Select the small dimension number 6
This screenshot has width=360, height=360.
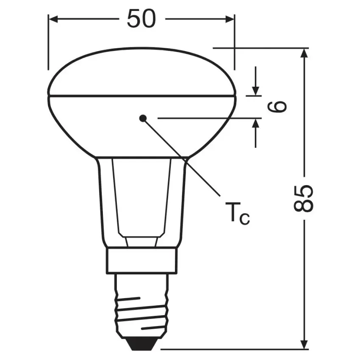click(277, 107)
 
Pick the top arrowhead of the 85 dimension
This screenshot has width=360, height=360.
click(304, 53)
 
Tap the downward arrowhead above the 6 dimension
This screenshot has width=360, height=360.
click(255, 91)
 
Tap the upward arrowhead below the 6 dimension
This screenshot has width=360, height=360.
click(255, 124)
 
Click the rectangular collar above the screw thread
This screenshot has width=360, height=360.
click(141, 260)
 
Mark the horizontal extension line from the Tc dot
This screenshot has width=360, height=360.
click(203, 118)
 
